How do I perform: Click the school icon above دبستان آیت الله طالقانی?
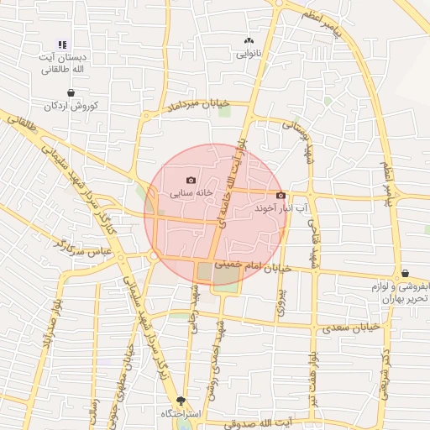point(61,45)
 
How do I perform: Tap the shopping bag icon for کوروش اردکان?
point(71,93)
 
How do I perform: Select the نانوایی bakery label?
point(248,53)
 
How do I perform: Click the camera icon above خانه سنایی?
point(191,180)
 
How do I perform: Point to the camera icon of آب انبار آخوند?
point(281,195)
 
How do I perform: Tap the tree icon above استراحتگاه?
point(181,401)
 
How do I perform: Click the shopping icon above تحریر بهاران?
point(406,273)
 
